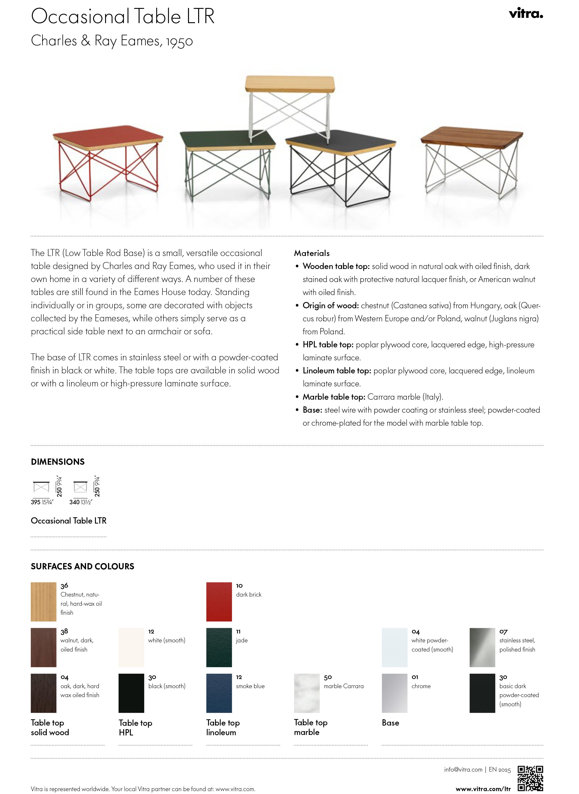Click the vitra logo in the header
pos(526,14)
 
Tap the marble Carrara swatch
pos(307,693)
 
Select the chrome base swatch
pos(394,693)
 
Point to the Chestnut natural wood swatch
pos(43,602)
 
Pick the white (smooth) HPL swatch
pos(131,647)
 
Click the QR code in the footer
pos(530,779)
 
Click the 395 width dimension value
pos(36,502)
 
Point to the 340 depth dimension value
pos(74,502)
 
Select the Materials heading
pos(312,253)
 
